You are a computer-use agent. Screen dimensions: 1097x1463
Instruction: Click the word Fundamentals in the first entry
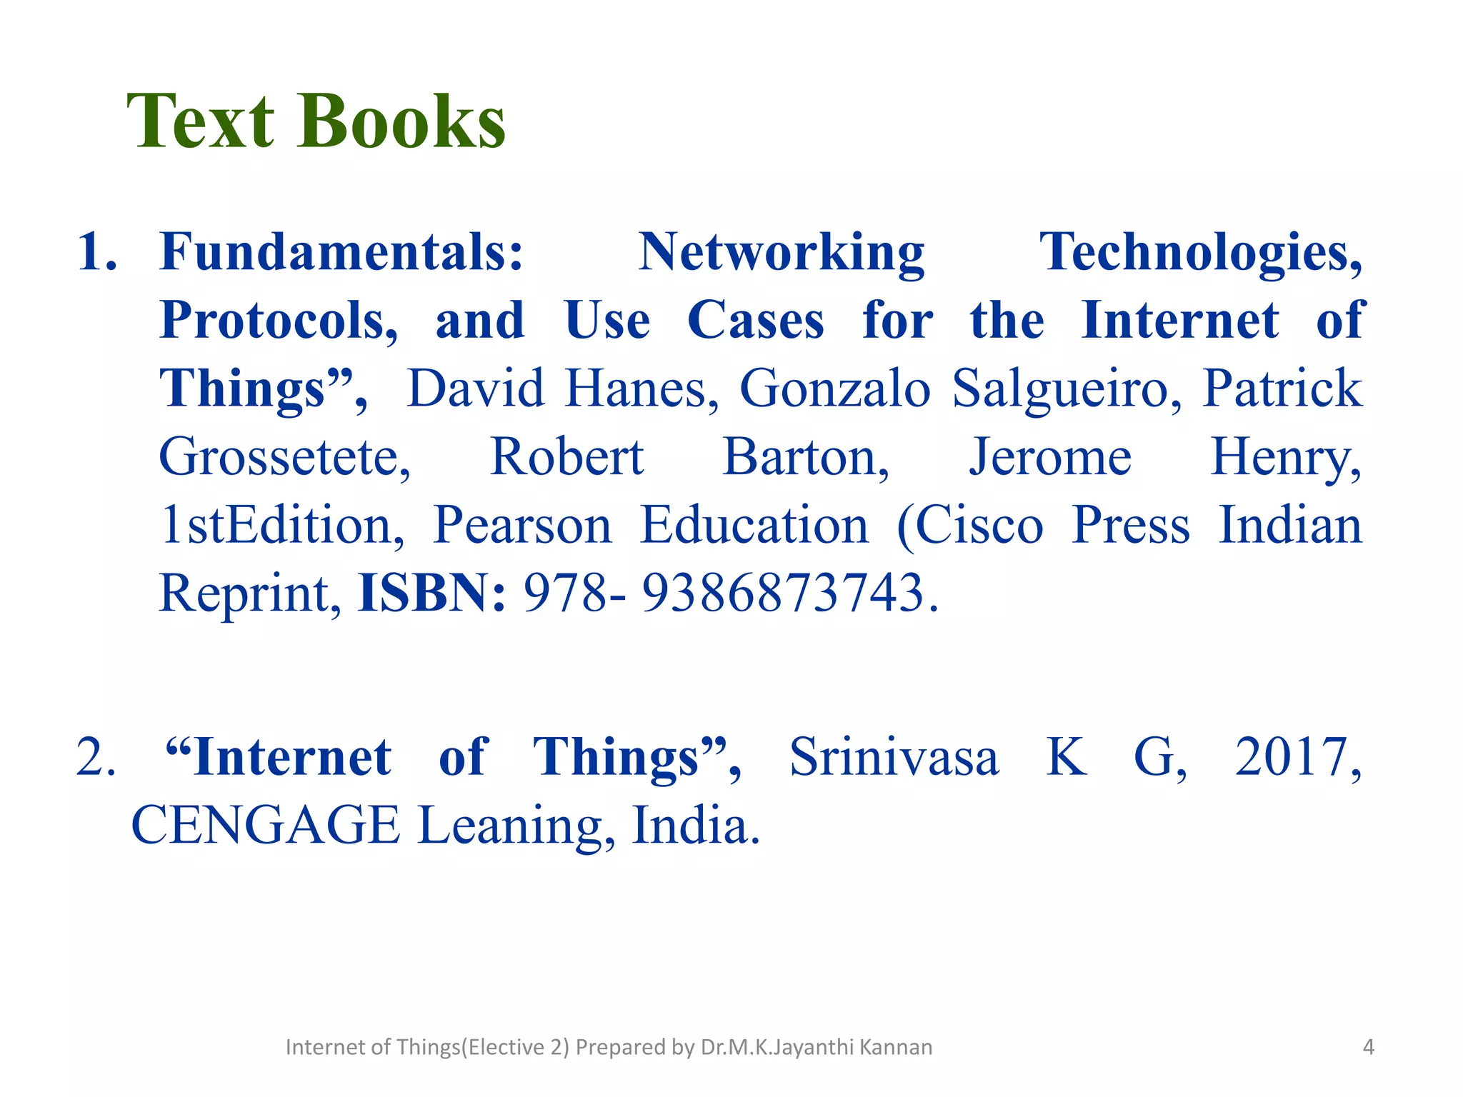341,252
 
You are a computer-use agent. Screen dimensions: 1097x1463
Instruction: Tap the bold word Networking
782,252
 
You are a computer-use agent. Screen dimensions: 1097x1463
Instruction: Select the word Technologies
1201,252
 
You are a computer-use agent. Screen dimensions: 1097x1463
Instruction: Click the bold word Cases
755,321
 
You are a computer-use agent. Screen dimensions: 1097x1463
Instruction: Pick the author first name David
475,389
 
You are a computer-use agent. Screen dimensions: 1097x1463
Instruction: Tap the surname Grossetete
284,457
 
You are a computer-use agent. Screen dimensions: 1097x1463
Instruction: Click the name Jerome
1049,457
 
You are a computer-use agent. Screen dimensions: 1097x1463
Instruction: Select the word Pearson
522,525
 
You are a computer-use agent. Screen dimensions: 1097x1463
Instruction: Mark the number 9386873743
783,593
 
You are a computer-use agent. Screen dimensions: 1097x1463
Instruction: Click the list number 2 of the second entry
95,757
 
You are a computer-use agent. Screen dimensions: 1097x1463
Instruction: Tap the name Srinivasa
893,757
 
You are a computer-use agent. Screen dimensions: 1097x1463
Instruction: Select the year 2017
1297,757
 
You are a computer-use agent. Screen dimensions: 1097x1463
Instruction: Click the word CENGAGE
266,826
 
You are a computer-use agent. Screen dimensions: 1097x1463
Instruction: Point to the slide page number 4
1368,1047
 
